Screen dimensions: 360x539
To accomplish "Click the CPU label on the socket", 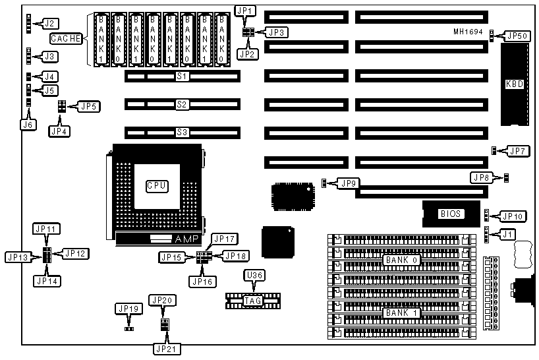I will pos(156,186).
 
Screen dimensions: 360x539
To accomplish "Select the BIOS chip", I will pos(451,214).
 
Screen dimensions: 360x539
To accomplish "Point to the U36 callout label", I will pos(254,275).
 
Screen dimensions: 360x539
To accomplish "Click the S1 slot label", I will pos(182,76).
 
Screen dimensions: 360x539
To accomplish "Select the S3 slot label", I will pos(182,132).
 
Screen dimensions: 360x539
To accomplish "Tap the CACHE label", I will pos(66,39).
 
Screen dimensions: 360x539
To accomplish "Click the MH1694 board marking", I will pos(469,32).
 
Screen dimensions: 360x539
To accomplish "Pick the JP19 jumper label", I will pos(128,308).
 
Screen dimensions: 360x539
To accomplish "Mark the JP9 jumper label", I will pos(347,183).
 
